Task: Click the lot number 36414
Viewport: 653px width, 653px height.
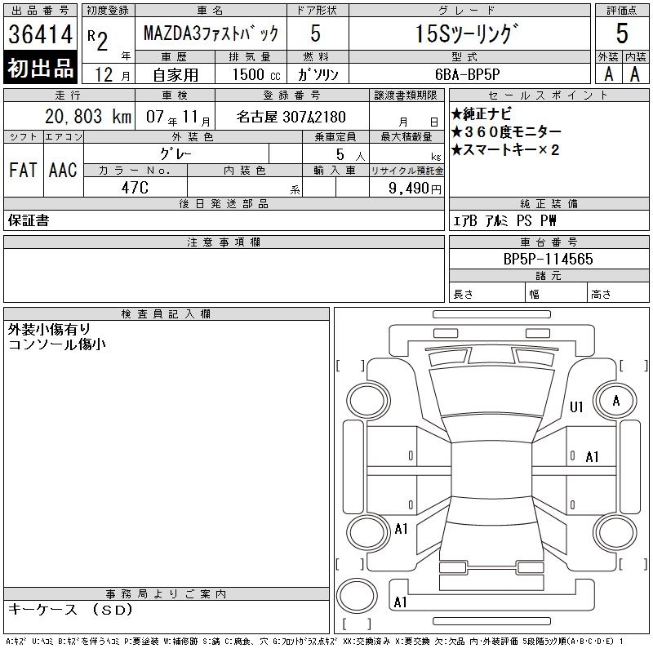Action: click(40, 34)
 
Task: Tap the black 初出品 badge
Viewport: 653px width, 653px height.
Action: click(40, 67)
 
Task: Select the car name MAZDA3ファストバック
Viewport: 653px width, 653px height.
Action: click(211, 33)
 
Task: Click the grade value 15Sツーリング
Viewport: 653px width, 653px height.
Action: click(469, 33)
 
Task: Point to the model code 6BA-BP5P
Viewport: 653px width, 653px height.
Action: click(467, 74)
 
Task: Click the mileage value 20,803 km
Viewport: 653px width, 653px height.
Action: click(88, 117)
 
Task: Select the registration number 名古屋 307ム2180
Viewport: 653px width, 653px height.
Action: click(291, 117)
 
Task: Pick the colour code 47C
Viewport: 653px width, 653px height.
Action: click(135, 188)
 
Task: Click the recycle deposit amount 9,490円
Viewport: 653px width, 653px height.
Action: click(415, 189)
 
